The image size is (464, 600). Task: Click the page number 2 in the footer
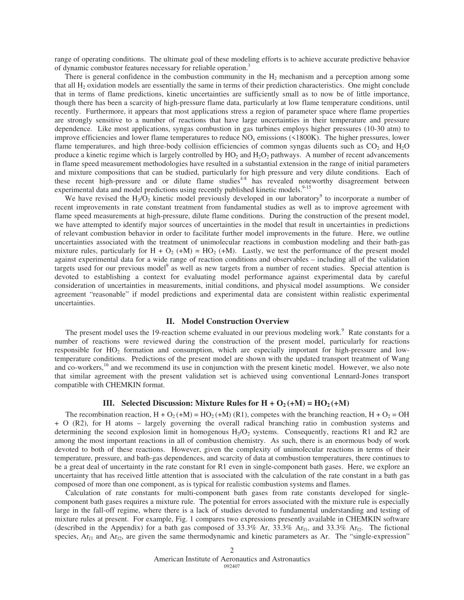pyautogui.click(x=232, y=550)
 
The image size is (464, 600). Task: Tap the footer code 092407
pyautogui.click(x=232, y=566)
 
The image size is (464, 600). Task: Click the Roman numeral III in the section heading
pyautogui.click(x=109, y=403)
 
